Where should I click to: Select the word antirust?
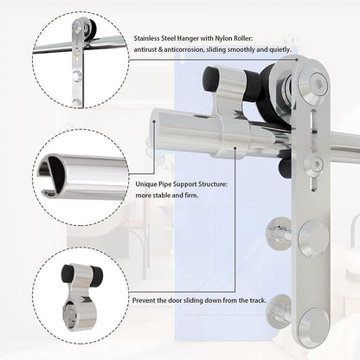pos(148,51)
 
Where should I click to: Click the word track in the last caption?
pos(257,300)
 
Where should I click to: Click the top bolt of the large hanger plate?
pos(317,83)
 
